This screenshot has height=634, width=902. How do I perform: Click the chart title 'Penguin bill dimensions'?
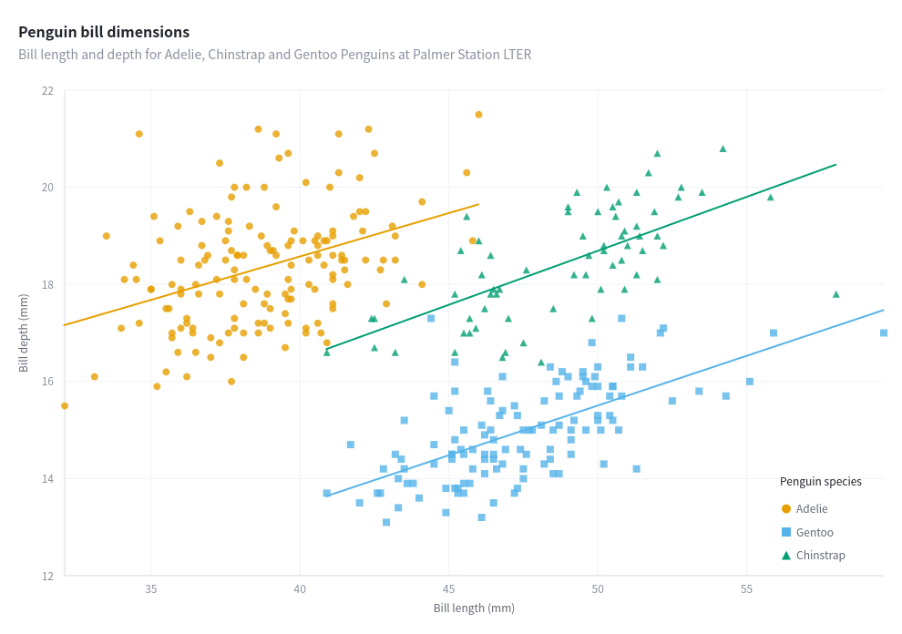(x=104, y=33)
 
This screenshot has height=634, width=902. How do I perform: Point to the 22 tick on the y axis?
(x=47, y=91)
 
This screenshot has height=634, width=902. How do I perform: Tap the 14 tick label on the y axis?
(x=47, y=479)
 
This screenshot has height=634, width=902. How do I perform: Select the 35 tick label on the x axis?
(x=151, y=590)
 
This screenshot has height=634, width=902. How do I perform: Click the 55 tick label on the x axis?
(x=746, y=590)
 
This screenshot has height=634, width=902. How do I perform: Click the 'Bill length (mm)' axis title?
(x=474, y=608)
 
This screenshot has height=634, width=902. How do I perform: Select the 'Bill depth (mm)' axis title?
(x=24, y=333)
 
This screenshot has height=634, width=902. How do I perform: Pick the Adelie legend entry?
(x=811, y=509)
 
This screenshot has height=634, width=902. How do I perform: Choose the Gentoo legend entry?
(x=814, y=533)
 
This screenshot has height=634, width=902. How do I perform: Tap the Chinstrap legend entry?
(x=820, y=556)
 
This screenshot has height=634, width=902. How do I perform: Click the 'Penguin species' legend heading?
(x=820, y=482)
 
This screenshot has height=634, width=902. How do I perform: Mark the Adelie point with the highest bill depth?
(x=478, y=115)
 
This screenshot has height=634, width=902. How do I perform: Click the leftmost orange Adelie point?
(x=65, y=406)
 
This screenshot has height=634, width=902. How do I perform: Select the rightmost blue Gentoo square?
(x=884, y=333)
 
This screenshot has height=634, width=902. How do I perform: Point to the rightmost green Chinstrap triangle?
(x=835, y=294)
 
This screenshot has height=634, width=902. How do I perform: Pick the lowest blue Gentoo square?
(x=386, y=523)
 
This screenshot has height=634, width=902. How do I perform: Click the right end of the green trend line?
(x=835, y=165)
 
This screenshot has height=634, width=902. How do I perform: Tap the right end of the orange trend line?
(x=478, y=204)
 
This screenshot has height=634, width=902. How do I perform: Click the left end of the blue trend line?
(x=327, y=496)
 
